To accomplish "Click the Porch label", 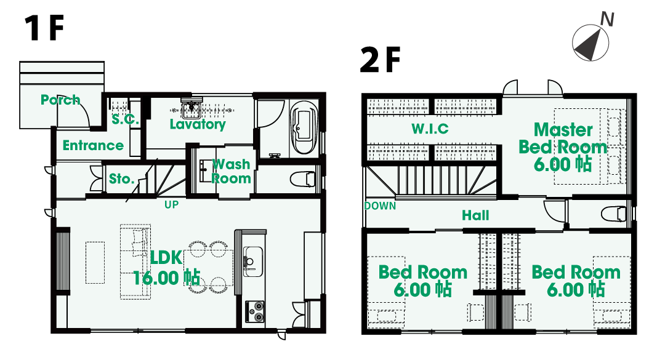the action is [x=60, y=100].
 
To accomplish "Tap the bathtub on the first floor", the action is [x=303, y=127].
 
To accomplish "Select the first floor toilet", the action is [x=303, y=178].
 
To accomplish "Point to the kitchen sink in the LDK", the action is [x=253, y=261].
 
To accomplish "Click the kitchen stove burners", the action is [x=254, y=311].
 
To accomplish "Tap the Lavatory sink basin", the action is [x=191, y=109].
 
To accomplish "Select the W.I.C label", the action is [x=430, y=129].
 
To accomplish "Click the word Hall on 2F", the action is [x=475, y=215].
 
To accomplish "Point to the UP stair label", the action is [x=171, y=205].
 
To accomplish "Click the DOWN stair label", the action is [x=380, y=206].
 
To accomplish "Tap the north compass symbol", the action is [x=590, y=42].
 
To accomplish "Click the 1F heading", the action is [x=44, y=28].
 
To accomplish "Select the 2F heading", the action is [x=380, y=60].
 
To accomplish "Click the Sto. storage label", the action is [x=122, y=179].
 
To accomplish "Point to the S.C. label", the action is [x=125, y=119].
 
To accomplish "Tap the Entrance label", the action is [x=94, y=145].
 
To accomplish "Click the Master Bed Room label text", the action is [x=563, y=138].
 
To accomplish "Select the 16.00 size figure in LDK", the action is [x=156, y=278].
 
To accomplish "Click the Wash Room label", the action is [x=231, y=171].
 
